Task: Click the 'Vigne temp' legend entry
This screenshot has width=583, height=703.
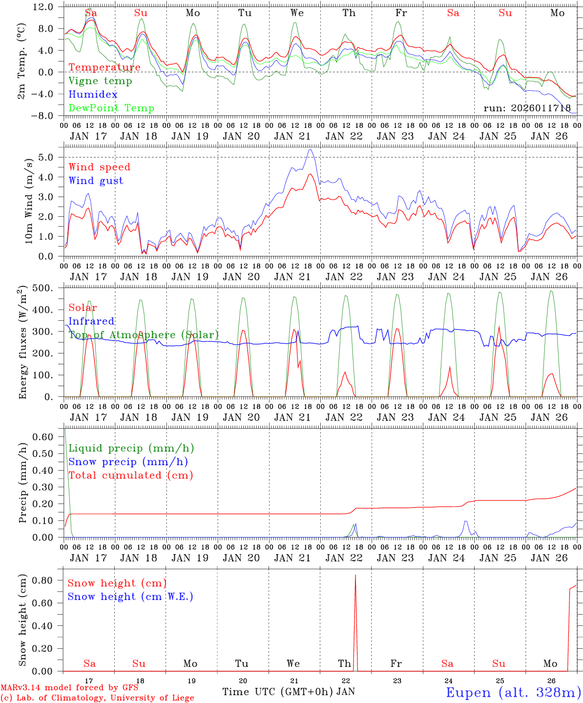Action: [x=100, y=81]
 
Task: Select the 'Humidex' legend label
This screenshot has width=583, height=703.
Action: [x=93, y=95]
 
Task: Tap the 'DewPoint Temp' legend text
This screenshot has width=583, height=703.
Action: [x=111, y=108]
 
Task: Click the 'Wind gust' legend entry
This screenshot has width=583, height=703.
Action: [x=96, y=181]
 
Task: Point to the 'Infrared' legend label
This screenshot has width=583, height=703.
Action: [x=91, y=321]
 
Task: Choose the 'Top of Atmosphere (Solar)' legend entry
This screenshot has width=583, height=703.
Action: [x=144, y=335]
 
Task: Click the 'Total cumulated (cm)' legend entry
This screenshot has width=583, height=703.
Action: [x=131, y=476]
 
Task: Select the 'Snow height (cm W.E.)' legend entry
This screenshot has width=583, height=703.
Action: [x=130, y=597]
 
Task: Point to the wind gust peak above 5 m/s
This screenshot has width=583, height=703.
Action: [x=311, y=149]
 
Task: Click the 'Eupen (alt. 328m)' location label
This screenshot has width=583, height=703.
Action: [x=513, y=692]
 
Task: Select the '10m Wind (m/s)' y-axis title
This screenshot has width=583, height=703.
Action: [x=29, y=201]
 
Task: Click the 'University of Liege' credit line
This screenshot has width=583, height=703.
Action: [x=97, y=698]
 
